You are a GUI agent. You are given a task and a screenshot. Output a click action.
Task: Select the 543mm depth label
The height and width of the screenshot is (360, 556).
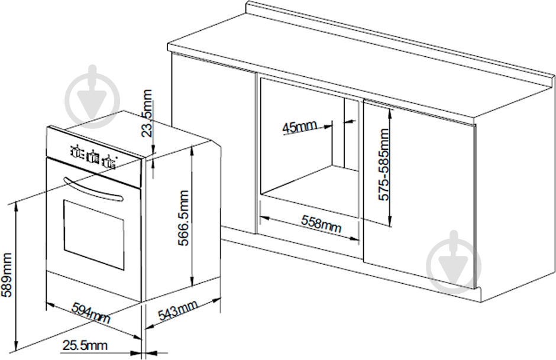pyautogui.click(x=177, y=310)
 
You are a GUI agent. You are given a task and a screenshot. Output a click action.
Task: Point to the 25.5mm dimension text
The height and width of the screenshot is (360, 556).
pyautogui.click(x=85, y=345)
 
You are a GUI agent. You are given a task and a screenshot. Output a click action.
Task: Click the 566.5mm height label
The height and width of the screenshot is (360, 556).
pyautogui.click(x=183, y=218)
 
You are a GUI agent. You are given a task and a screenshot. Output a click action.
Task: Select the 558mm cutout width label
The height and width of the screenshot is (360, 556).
pyautogui.click(x=321, y=224)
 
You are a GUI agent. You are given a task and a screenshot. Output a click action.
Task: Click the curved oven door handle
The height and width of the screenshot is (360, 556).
pyautogui.click(x=93, y=189)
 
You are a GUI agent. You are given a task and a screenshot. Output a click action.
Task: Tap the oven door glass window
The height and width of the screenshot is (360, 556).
pyautogui.click(x=93, y=235)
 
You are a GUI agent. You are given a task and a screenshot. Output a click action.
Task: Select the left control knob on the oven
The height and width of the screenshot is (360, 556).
pyautogui.click(x=76, y=151)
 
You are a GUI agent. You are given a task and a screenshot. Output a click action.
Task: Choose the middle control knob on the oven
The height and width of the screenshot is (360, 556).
pyautogui.click(x=92, y=156)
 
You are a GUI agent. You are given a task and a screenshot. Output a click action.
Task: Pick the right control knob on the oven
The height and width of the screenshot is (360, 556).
pyautogui.click(x=109, y=161)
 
